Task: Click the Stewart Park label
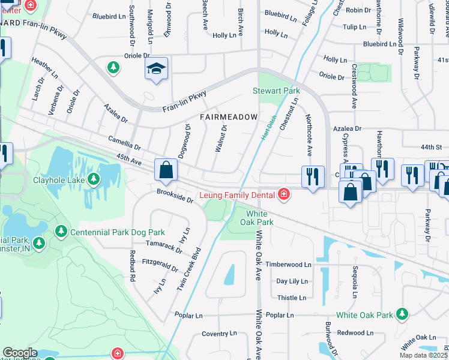(x=276, y=91)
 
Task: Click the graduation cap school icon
(x=156, y=69)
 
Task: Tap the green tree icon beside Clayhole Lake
(x=94, y=179)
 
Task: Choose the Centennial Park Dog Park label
(x=118, y=232)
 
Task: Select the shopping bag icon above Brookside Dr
(x=166, y=170)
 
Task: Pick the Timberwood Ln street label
(x=289, y=265)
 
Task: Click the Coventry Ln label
(x=219, y=334)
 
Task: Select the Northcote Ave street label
(x=309, y=136)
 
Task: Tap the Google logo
(x=19, y=353)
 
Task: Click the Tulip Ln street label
(x=354, y=27)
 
